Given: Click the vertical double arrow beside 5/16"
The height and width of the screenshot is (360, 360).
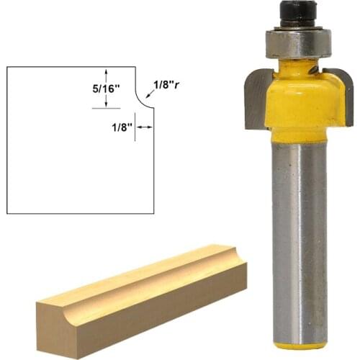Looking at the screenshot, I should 107,88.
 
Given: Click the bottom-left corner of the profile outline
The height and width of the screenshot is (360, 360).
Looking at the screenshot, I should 7,214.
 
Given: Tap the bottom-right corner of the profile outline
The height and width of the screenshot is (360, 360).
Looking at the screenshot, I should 154,214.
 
